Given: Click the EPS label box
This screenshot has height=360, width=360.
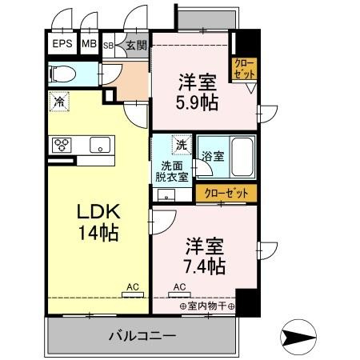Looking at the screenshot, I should [x=62, y=46].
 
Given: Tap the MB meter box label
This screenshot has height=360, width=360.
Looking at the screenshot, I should [x=89, y=46].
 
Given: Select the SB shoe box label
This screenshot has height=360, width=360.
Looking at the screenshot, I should [x=108, y=46].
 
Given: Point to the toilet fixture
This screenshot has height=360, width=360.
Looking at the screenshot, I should [x=62, y=74].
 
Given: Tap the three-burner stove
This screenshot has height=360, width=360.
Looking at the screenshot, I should [x=62, y=145].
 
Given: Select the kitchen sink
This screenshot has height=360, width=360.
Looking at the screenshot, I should [x=101, y=145].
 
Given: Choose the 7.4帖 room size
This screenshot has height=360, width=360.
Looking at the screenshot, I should [x=206, y=265].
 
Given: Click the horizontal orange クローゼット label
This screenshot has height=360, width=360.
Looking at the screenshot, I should [x=226, y=193].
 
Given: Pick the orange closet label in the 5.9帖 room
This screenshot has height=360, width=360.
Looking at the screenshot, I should [x=244, y=69].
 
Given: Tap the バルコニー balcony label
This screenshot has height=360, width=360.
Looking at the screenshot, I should [x=142, y=336].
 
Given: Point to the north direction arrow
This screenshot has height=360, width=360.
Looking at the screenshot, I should [x=302, y=336].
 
